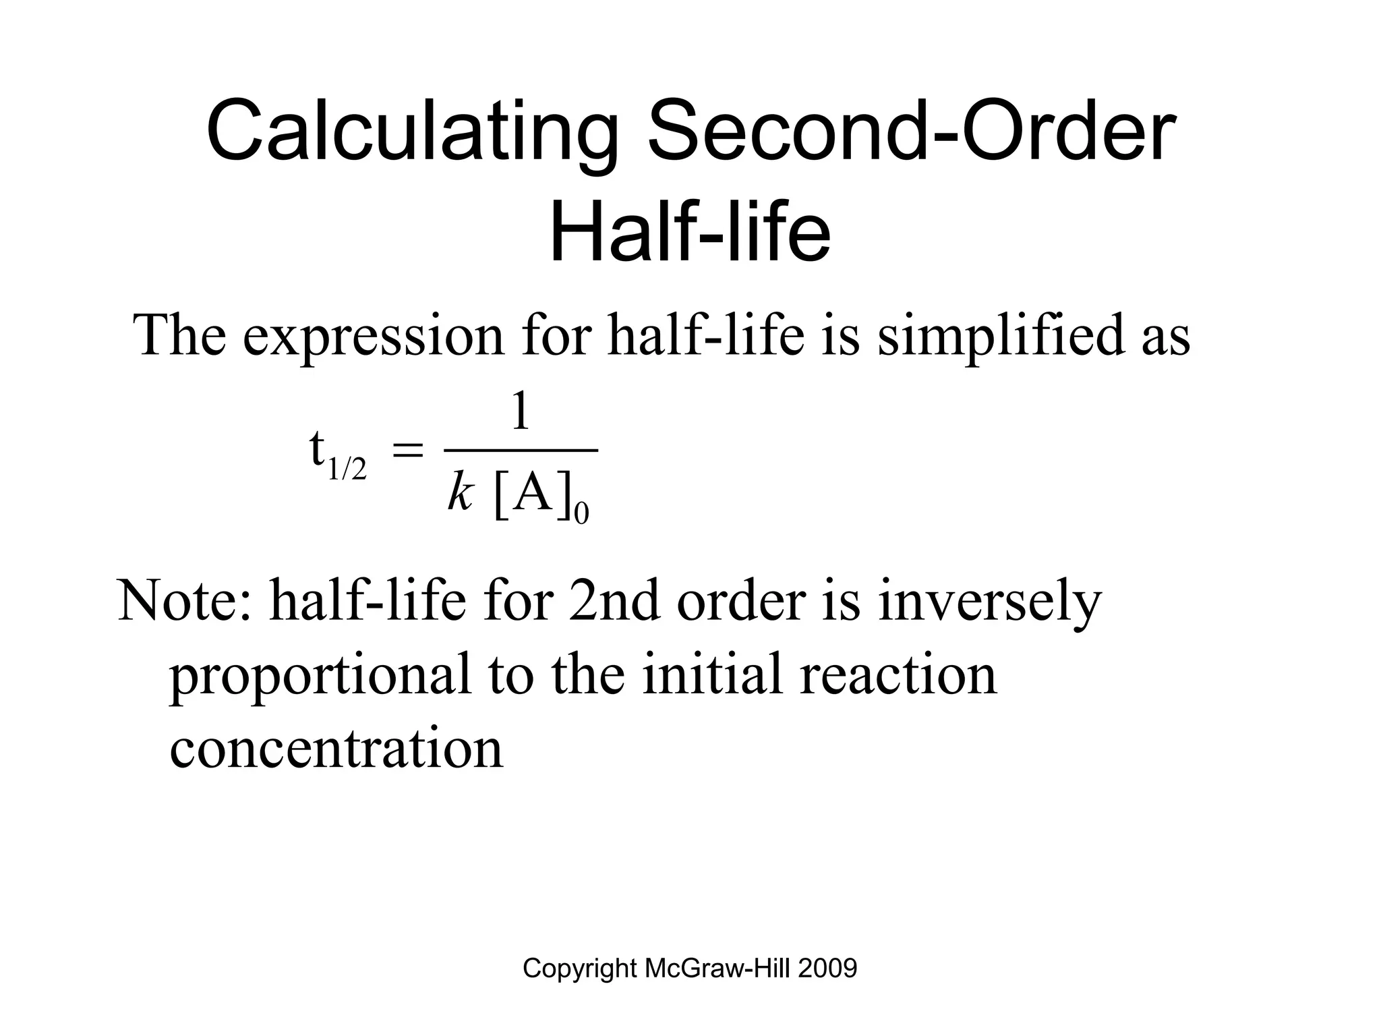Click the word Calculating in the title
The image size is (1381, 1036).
tap(412, 132)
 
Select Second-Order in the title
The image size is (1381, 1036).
tap(912, 132)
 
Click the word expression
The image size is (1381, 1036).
tap(374, 335)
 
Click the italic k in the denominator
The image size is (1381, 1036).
tap(459, 495)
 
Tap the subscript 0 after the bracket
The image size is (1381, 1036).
tap(581, 515)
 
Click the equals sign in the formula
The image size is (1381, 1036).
tap(407, 450)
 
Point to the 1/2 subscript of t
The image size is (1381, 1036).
tap(347, 469)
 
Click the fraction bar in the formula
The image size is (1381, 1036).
tap(521, 449)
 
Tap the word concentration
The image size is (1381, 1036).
tap(336, 748)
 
